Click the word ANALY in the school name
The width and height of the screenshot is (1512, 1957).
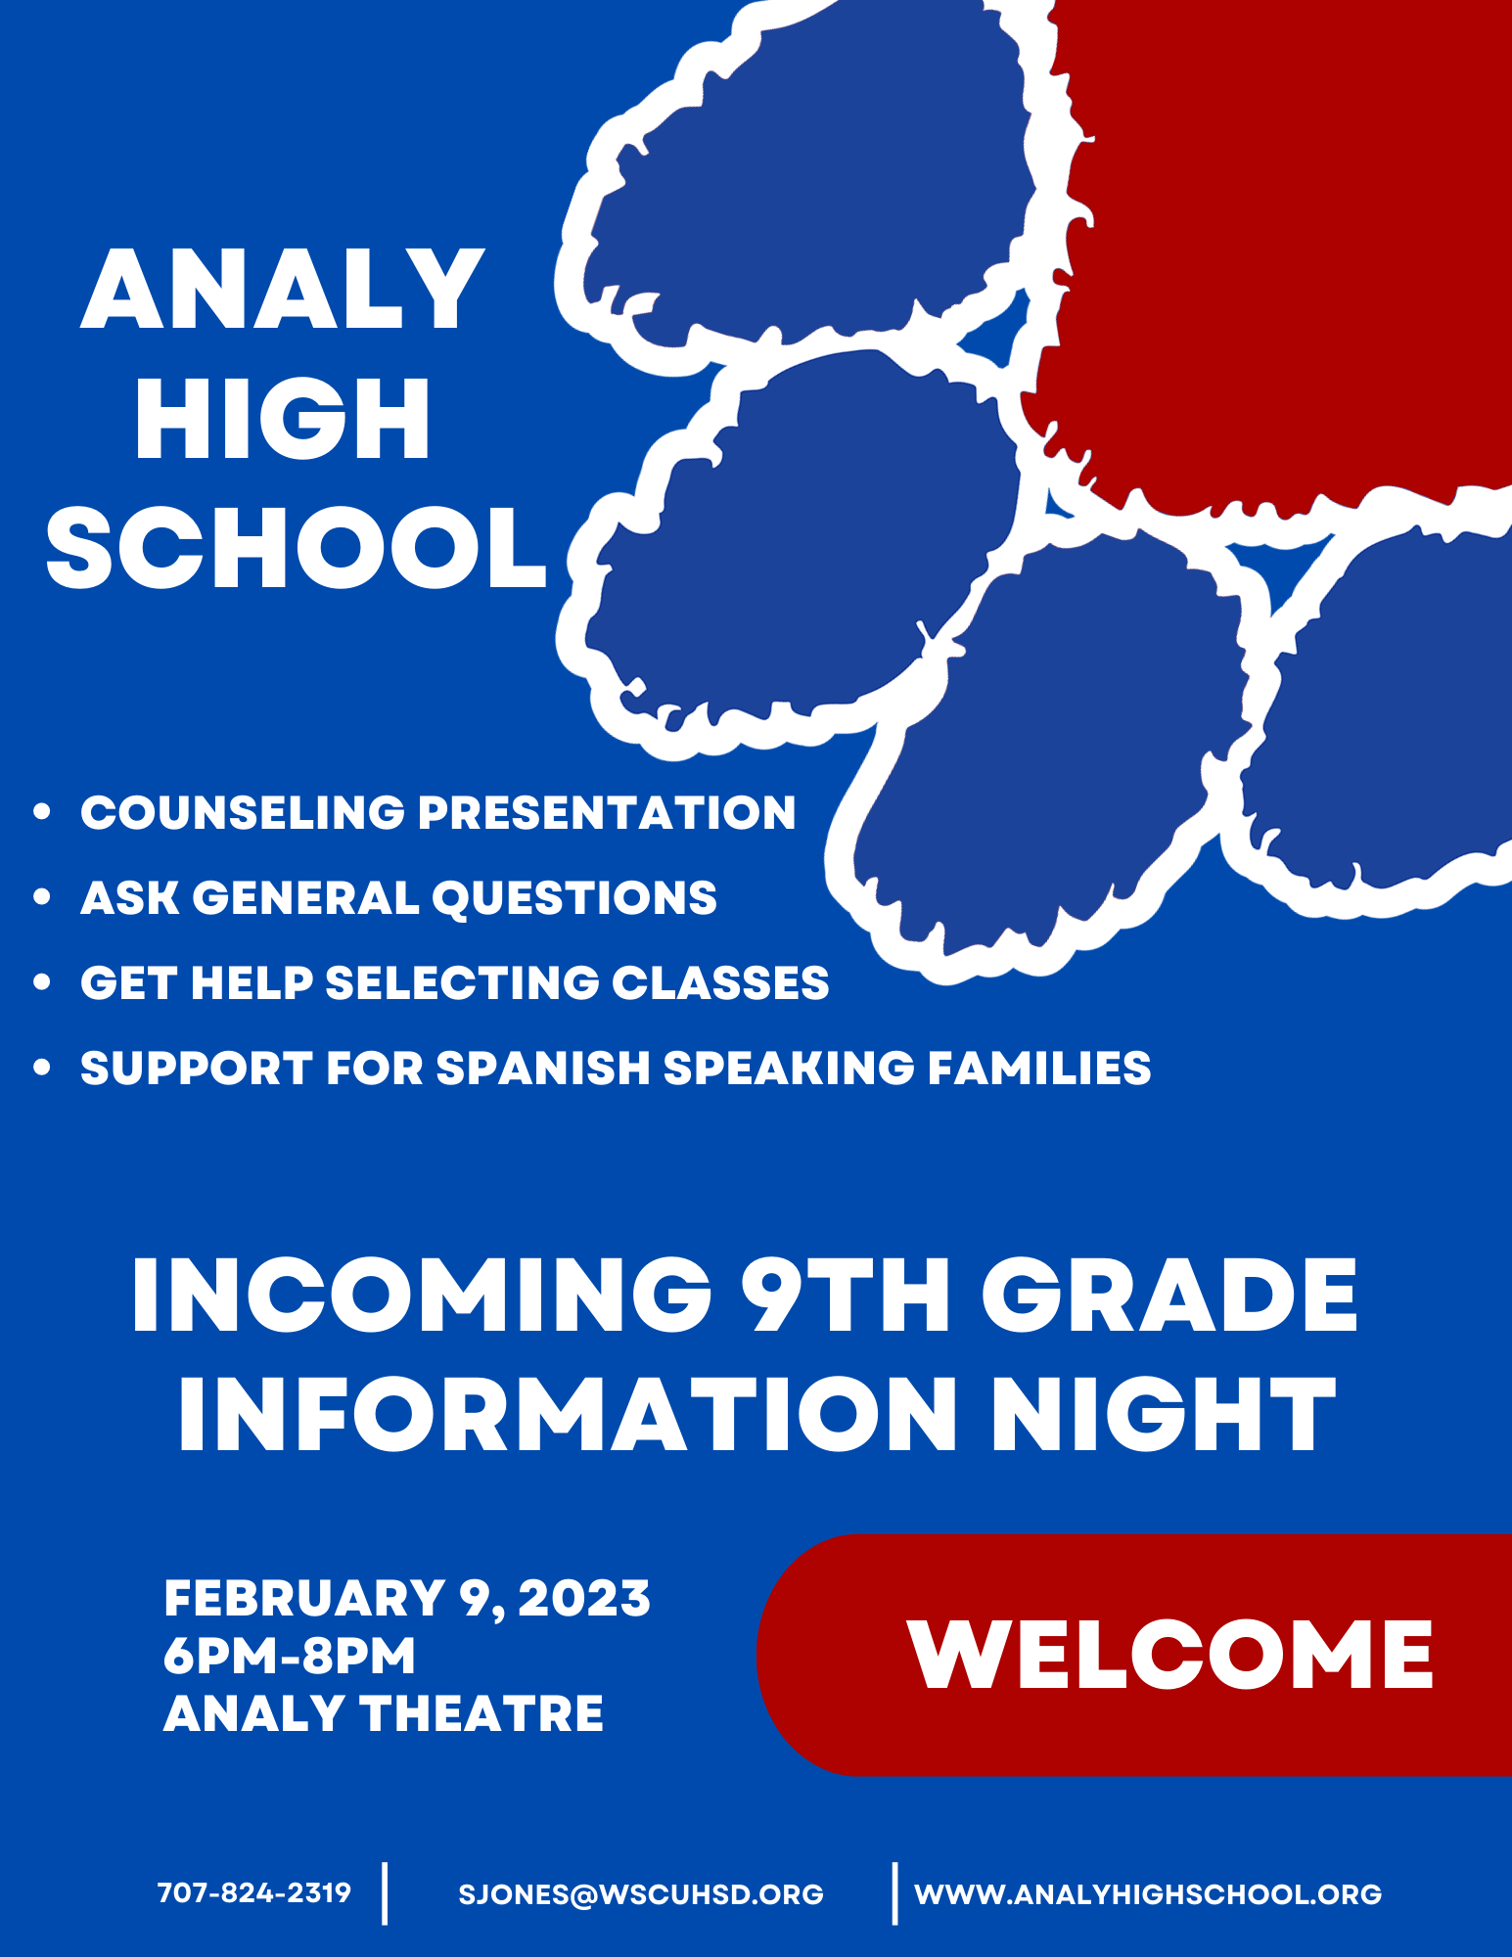283,290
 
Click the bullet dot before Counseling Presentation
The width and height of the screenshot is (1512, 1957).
41,811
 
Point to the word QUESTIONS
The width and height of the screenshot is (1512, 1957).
574,897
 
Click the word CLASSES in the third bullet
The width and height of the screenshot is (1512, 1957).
720,982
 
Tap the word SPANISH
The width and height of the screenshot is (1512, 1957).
542,1068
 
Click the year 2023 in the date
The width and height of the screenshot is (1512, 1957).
584,1599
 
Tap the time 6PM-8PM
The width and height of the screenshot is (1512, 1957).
290,1656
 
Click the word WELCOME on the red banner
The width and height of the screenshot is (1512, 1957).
1170,1656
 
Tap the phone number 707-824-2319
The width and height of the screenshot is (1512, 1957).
254,1892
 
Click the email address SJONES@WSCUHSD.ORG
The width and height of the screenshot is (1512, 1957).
641,1894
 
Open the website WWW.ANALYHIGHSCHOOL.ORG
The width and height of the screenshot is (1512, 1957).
1148,1894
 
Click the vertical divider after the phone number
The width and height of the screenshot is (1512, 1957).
386,1893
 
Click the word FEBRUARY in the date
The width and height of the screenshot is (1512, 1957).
304,1599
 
